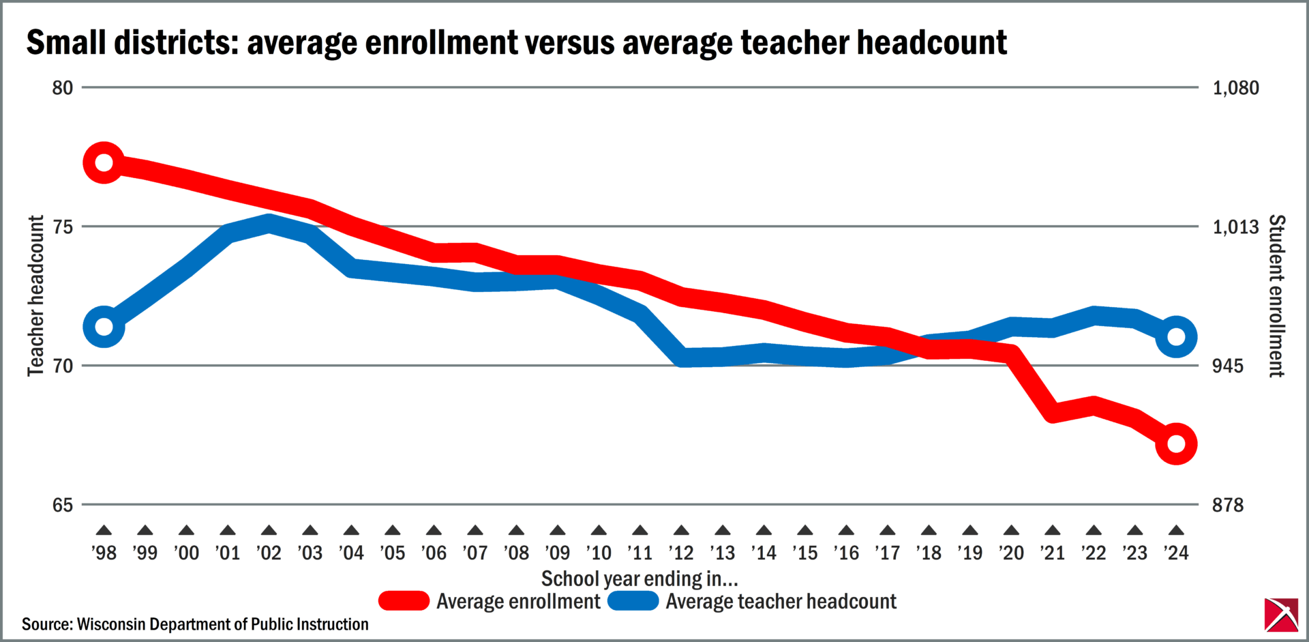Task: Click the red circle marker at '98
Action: [x=104, y=163]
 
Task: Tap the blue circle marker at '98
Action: [x=104, y=327]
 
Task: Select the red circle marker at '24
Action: [x=1176, y=443]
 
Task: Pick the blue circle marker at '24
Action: [x=1176, y=337]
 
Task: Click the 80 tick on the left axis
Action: [x=62, y=88]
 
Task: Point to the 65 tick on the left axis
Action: [x=62, y=506]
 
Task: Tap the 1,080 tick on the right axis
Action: [x=1235, y=88]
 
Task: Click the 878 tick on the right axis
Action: [x=1227, y=506]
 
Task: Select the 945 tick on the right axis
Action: [x=1227, y=366]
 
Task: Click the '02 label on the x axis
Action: [x=269, y=553]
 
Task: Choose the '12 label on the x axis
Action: [x=681, y=553]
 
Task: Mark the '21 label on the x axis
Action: [x=1053, y=553]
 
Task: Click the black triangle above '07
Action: [x=475, y=530]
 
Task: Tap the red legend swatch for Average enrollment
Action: [x=404, y=601]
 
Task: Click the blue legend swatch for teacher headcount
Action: [x=633, y=601]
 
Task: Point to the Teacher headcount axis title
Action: [x=35, y=296]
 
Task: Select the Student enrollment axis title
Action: [x=1276, y=296]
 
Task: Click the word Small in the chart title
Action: [x=66, y=42]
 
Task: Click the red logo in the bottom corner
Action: [x=1281, y=615]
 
